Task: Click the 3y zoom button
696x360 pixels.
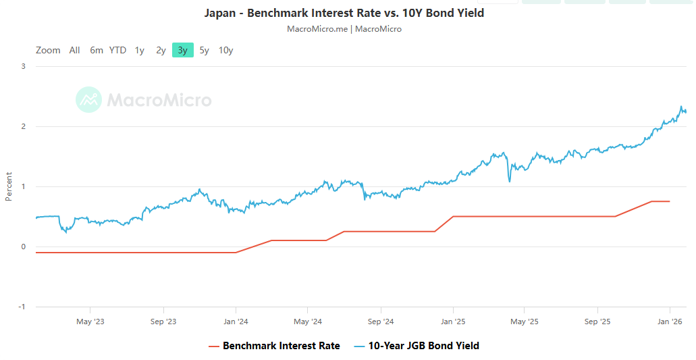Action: click(182, 50)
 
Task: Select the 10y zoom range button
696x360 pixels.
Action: click(225, 50)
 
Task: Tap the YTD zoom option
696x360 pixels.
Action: click(117, 50)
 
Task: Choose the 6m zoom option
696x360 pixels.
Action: click(97, 50)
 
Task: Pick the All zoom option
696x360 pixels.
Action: click(74, 50)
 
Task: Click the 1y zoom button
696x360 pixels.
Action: click(139, 50)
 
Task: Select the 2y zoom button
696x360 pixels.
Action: click(161, 50)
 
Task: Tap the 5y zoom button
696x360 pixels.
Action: click(204, 50)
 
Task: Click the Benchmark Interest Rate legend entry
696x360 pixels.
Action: click(281, 346)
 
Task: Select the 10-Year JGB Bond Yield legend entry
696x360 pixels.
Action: click(423, 346)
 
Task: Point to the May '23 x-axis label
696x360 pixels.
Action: click(90, 322)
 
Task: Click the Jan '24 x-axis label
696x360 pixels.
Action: click(235, 322)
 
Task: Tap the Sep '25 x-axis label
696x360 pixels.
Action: click(597, 322)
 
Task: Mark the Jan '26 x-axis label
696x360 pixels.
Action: click(670, 322)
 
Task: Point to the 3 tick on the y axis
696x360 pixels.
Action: click(23, 66)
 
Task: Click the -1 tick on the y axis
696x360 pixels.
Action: click(22, 307)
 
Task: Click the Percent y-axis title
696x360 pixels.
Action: click(9, 186)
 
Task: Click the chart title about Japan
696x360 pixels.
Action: click(344, 13)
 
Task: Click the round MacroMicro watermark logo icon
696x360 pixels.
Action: click(88, 100)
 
